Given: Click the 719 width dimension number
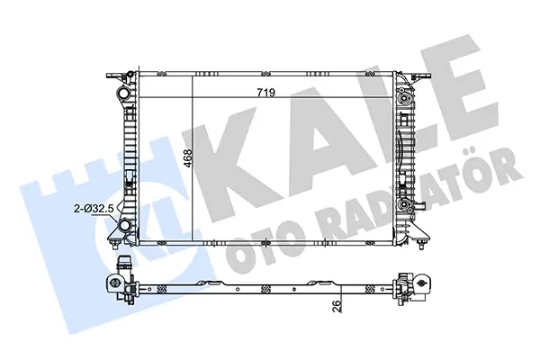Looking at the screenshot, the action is (266, 93).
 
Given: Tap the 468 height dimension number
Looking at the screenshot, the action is (188, 158).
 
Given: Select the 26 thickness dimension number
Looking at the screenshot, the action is (337, 306).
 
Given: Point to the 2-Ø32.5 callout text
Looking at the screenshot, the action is (94, 208).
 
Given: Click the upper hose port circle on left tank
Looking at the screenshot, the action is (123, 93).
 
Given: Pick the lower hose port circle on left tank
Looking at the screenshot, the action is (123, 226).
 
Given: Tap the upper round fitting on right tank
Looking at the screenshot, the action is (403, 99).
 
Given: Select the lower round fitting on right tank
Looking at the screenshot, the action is (403, 204).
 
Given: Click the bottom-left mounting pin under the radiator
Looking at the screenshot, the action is (114, 244).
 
